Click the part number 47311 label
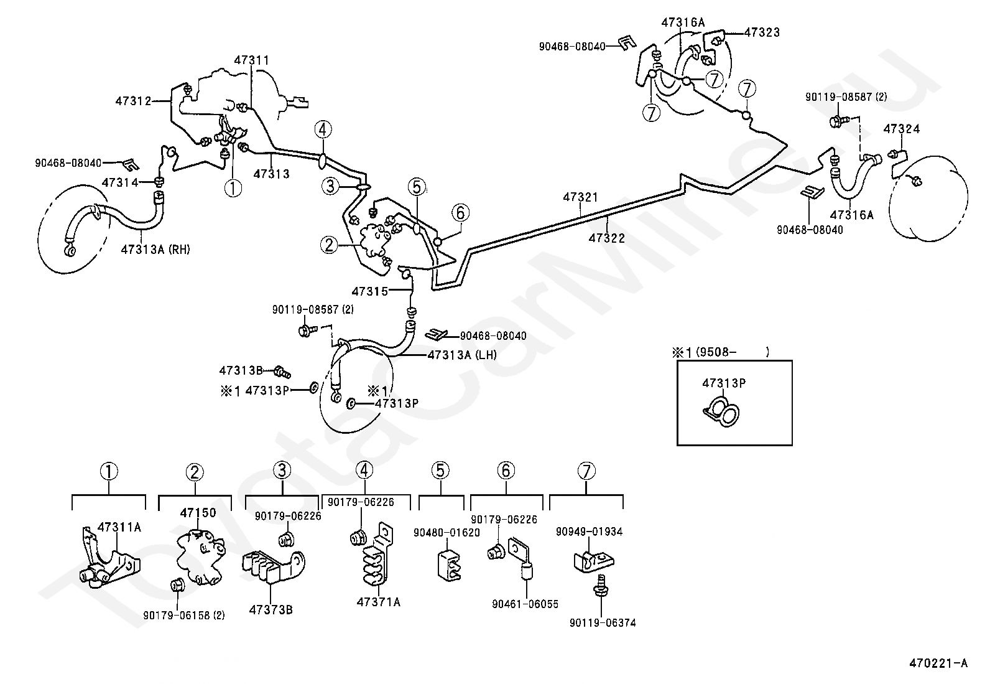point(251,60)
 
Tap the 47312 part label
point(134,101)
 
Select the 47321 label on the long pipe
point(580,197)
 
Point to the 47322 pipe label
point(607,238)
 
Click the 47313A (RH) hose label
point(155,250)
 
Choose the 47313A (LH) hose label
point(462,355)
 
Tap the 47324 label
point(902,129)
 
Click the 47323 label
point(762,32)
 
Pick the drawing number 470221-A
point(938,663)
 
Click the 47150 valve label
point(198,513)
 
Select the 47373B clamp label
point(271,610)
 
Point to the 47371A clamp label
point(379,602)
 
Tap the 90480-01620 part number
point(447,533)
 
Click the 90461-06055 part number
point(525,604)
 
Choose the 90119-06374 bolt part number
point(603,622)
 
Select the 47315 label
point(370,291)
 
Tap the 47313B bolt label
point(241,370)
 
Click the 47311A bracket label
point(119,527)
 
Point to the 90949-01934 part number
point(589,532)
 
